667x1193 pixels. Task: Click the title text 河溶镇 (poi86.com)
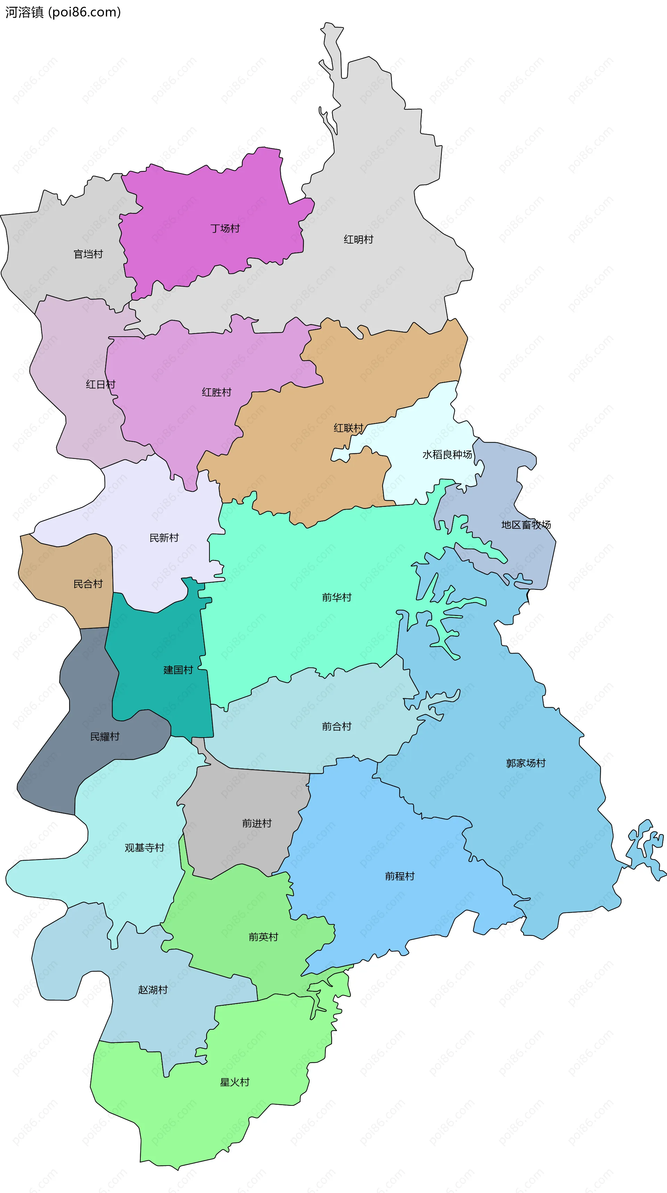(63, 12)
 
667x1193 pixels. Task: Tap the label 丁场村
(225, 228)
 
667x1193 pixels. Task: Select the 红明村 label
(358, 239)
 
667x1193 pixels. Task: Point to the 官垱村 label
(88, 254)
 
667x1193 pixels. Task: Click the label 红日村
(100, 384)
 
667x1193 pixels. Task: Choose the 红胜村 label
(216, 392)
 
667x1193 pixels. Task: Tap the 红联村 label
(348, 428)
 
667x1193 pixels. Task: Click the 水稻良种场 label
(447, 455)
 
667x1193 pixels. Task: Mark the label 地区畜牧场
(526, 525)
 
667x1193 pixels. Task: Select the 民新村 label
(164, 538)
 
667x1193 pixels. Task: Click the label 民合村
(88, 584)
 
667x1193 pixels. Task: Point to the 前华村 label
(337, 598)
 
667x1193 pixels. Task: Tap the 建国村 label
(178, 670)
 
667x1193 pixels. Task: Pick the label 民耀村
(105, 737)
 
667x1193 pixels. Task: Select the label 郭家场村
(526, 763)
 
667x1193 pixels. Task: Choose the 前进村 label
(257, 823)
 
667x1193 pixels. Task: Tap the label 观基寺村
(145, 848)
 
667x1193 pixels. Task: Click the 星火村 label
(234, 1082)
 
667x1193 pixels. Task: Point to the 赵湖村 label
(153, 990)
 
